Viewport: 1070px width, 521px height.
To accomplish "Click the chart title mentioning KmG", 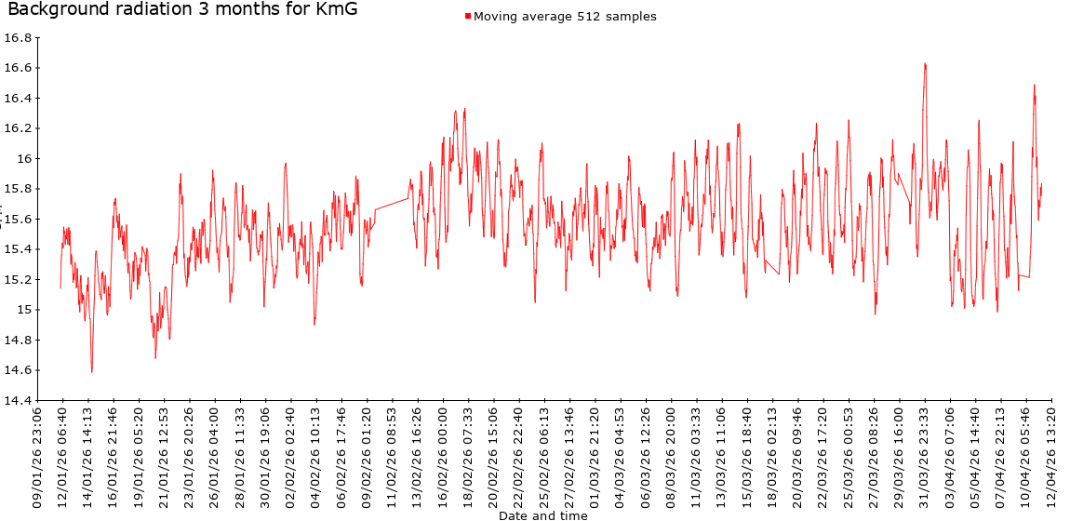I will point(182,10).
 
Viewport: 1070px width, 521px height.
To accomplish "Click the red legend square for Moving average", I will point(468,17).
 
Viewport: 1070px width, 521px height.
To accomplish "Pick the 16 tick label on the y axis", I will point(25,159).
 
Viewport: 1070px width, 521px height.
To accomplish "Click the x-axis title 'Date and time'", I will point(543,515).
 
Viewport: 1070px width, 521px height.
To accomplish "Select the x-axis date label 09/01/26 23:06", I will point(38,455).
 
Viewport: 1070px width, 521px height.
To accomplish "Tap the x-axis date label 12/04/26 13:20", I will point(1052,455).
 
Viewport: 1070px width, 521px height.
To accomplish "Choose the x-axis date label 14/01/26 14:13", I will point(88,455).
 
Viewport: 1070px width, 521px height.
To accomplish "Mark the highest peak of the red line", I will point(925,63).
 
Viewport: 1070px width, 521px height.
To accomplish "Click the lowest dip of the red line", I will point(91,372).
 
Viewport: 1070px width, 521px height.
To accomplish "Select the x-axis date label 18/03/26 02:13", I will point(773,455).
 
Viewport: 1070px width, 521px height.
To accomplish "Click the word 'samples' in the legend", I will point(634,17).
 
